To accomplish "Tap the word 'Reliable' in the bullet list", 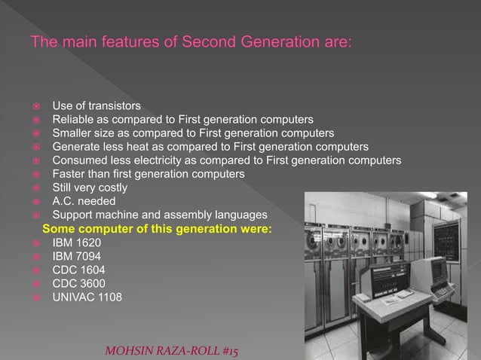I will tap(74, 119).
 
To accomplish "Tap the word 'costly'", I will tap(109, 188).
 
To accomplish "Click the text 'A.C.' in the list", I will tap(63, 201).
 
